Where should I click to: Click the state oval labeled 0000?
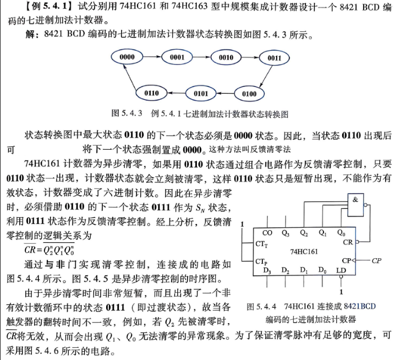(127, 57)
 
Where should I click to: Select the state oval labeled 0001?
(177, 57)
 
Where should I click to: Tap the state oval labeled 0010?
(226, 57)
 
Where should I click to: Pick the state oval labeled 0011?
(274, 58)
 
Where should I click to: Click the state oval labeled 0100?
(249, 94)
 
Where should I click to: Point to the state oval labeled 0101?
(201, 94)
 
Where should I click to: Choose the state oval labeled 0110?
(151, 93)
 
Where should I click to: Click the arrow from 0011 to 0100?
(266, 76)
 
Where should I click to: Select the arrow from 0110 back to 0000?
(129, 77)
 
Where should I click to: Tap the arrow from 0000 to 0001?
(152, 57)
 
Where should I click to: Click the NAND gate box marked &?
(355, 205)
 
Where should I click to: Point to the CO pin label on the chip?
(267, 233)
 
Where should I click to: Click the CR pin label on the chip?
(348, 242)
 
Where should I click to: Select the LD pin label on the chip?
(341, 270)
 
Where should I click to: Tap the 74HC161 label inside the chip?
(304, 252)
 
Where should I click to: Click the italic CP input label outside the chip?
(376, 260)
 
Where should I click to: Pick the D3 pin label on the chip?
(267, 271)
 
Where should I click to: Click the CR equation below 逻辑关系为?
(49, 250)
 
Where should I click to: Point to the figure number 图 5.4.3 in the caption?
(127, 113)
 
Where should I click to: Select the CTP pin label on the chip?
(261, 262)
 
